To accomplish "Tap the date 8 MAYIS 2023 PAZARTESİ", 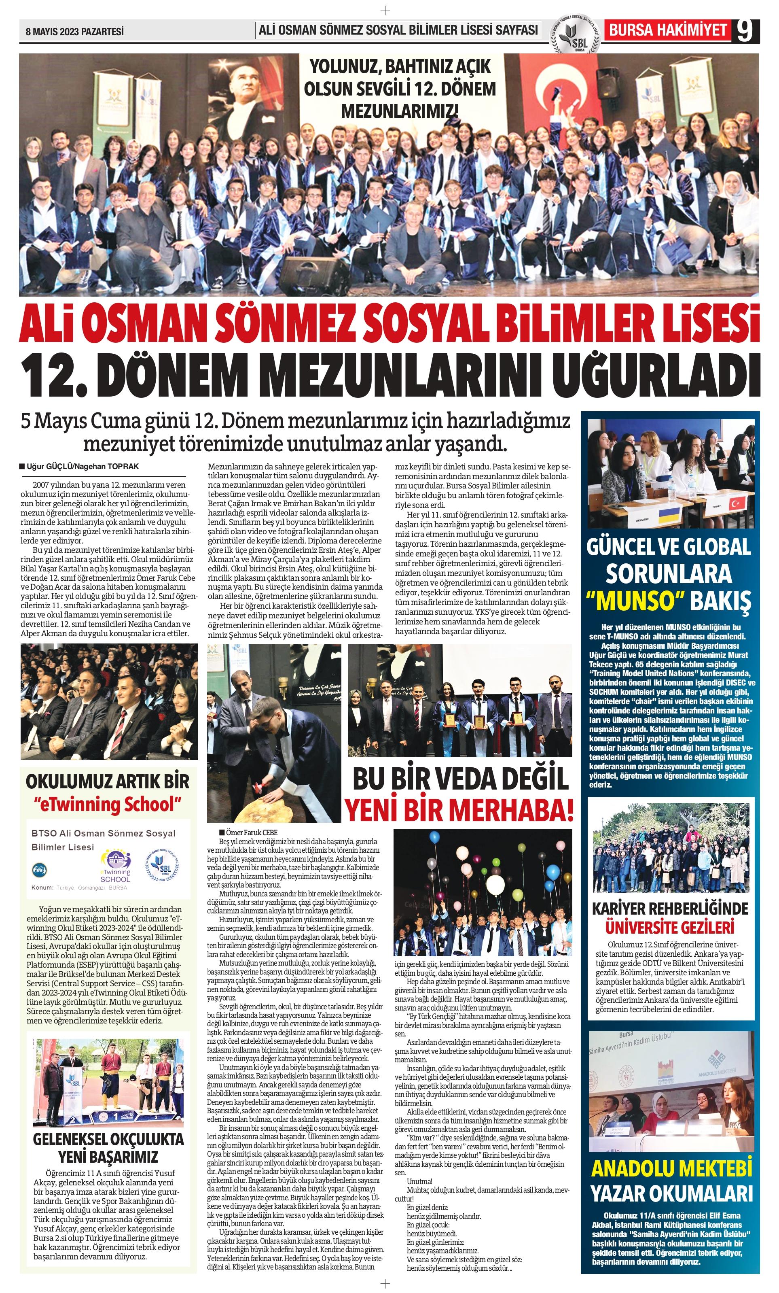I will click(74, 32).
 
